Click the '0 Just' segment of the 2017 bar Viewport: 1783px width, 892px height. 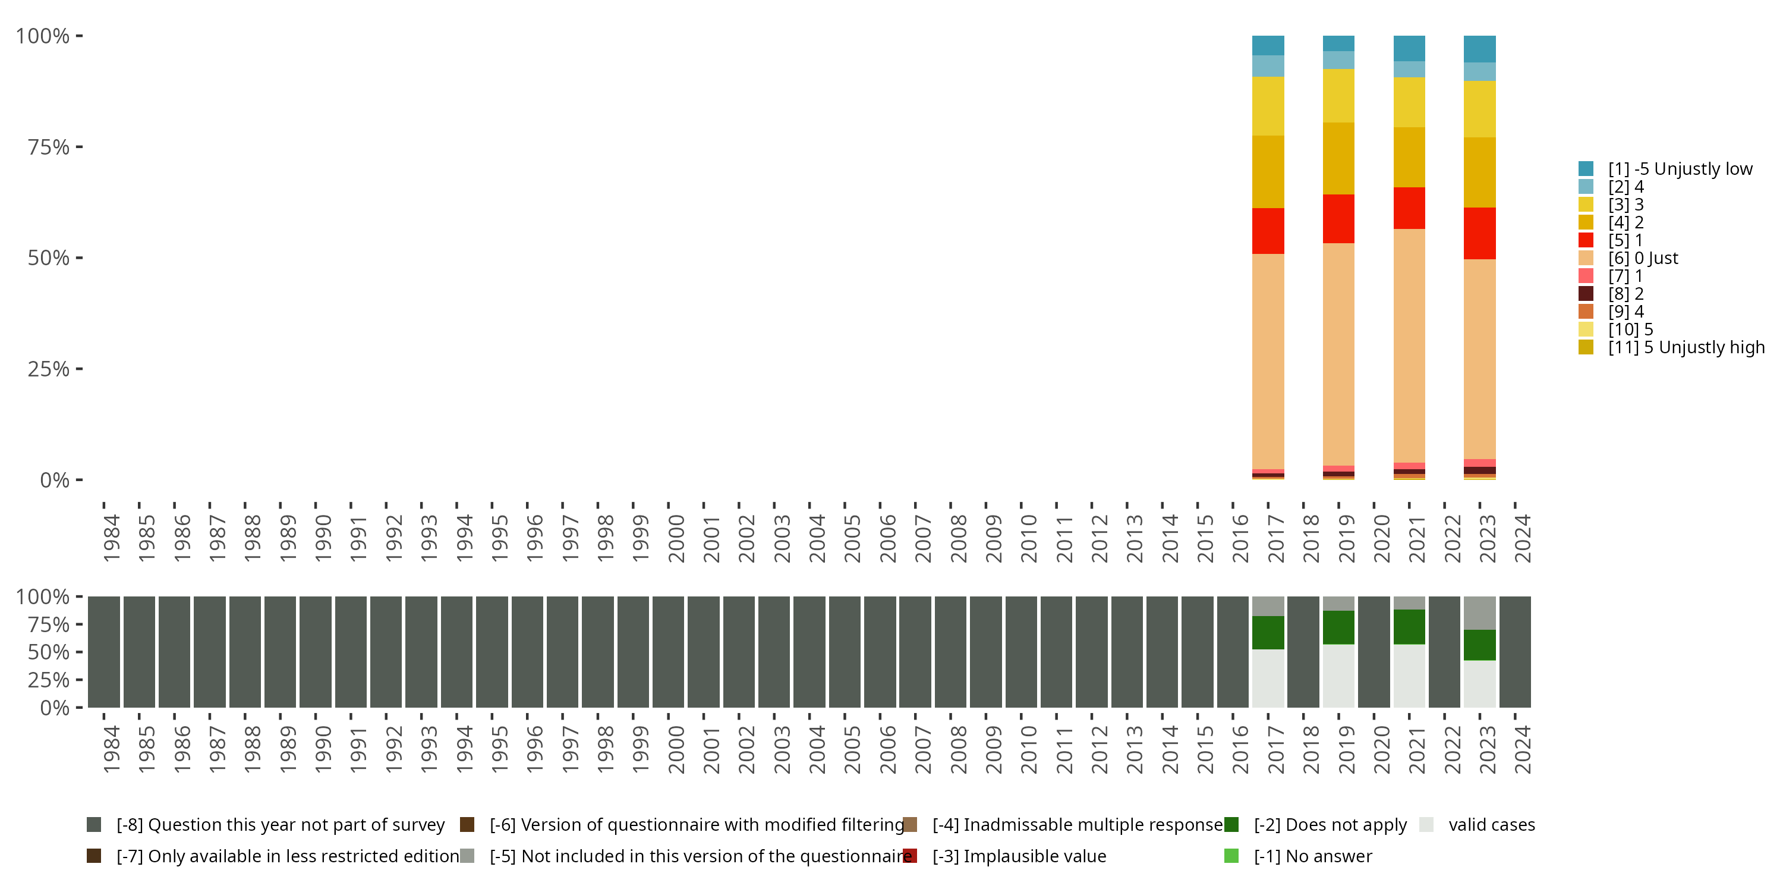[1268, 360]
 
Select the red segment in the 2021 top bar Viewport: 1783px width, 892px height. [1409, 208]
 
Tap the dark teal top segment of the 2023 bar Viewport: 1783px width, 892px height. [1480, 49]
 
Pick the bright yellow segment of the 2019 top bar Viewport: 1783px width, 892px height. [1338, 96]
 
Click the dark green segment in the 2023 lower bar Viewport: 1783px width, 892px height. [1480, 645]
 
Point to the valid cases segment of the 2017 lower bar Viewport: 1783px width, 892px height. [1268, 678]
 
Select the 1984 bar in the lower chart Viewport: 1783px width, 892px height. [104, 652]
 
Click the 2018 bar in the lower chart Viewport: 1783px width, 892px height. [1303, 652]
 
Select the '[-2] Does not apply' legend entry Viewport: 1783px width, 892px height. [1330, 825]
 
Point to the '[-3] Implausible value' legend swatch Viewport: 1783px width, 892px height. [910, 856]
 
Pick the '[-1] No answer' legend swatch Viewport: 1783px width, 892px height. [1231, 856]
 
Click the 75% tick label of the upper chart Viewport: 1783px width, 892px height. [49, 147]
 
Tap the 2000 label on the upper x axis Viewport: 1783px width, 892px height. [676, 538]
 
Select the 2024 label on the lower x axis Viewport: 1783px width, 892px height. [1522, 749]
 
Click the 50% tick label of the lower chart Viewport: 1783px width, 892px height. [49, 652]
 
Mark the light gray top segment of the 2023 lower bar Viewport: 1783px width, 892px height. [1480, 613]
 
